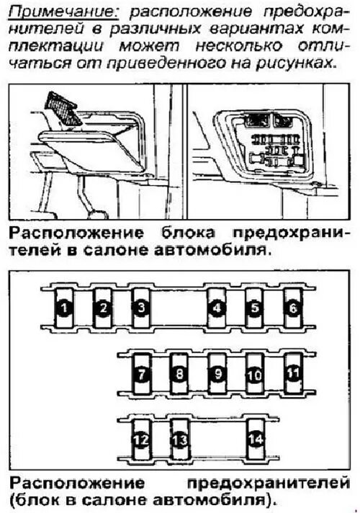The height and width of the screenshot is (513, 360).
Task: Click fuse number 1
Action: pyautogui.click(x=64, y=308)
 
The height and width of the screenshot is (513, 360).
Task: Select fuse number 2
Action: pyautogui.click(x=103, y=308)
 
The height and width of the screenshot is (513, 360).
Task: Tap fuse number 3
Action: pyautogui.click(x=141, y=308)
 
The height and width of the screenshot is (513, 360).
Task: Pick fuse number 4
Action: pyautogui.click(x=216, y=308)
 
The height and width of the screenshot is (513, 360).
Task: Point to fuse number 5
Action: pyautogui.click(x=254, y=308)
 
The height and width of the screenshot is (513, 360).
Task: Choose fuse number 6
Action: pyautogui.click(x=292, y=308)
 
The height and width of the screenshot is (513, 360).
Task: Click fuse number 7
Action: pyautogui.click(x=141, y=374)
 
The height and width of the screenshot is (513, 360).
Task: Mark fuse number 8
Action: pyautogui.click(x=179, y=374)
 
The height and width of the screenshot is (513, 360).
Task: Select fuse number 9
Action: pyautogui.click(x=217, y=374)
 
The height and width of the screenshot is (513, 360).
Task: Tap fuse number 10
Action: pyautogui.click(x=254, y=374)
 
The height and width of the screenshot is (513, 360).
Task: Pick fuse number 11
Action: pyautogui.click(x=292, y=373)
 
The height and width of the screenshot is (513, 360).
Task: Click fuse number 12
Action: pyautogui.click(x=141, y=439)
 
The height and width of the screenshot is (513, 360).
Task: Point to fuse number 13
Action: pyautogui.click(x=179, y=439)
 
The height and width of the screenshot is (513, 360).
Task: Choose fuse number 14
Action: pyautogui.click(x=254, y=438)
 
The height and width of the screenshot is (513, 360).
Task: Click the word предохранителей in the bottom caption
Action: pyautogui.click(x=269, y=481)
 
